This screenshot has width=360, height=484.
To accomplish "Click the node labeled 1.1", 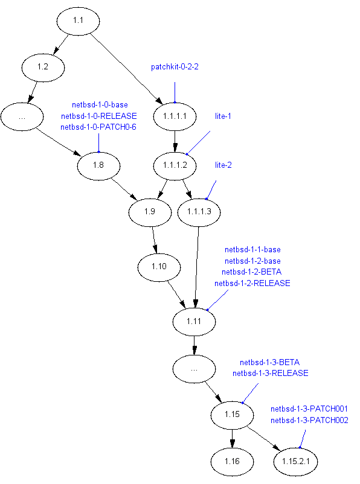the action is pos(78,21).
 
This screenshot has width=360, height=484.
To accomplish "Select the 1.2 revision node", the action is pos(43,68).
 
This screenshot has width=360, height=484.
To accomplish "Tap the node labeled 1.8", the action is pos(98,166).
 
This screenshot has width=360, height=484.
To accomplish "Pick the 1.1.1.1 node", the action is pos(175,116).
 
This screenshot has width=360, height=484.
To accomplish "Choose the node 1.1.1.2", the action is pos(175,166).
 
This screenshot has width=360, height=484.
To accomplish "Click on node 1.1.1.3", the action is pos(199,212).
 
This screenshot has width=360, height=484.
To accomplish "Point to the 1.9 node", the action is pos(150,212).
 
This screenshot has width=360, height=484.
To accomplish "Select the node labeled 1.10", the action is pos(159,267).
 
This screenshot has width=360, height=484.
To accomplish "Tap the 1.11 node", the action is pos(194,322).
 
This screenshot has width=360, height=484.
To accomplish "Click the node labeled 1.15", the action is pos(232,415).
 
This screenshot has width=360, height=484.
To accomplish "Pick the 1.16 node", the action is pos(232,462).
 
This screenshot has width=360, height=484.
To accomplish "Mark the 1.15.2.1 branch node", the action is pos(296,462).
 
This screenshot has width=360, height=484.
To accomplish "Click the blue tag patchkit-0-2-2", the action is pos(175,67).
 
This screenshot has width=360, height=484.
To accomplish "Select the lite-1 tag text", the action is pos(223,116).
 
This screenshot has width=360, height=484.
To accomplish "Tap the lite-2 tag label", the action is pos(223,165).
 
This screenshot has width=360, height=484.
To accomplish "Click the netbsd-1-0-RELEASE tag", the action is pos(99,116).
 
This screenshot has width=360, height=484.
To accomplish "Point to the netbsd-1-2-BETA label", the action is pos(251,272).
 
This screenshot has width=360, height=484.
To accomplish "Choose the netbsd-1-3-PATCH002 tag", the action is pos(309,421).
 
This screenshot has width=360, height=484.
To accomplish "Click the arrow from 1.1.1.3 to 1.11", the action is pos(196,267).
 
